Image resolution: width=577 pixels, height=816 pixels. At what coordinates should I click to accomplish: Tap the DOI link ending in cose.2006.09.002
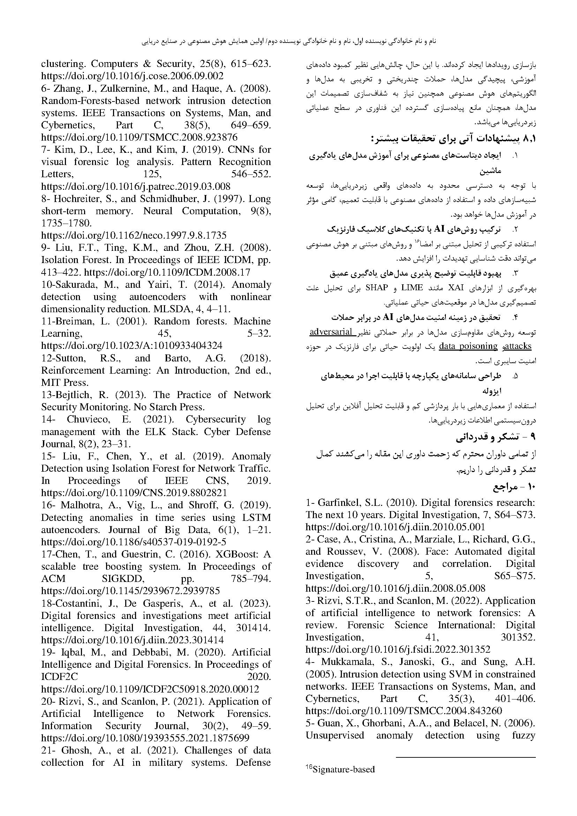tap(132, 76)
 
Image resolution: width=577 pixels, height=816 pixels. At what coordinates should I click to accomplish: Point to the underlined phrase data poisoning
tap(468, 346)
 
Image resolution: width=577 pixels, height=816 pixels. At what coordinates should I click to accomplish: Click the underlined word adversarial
tap(331, 332)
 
